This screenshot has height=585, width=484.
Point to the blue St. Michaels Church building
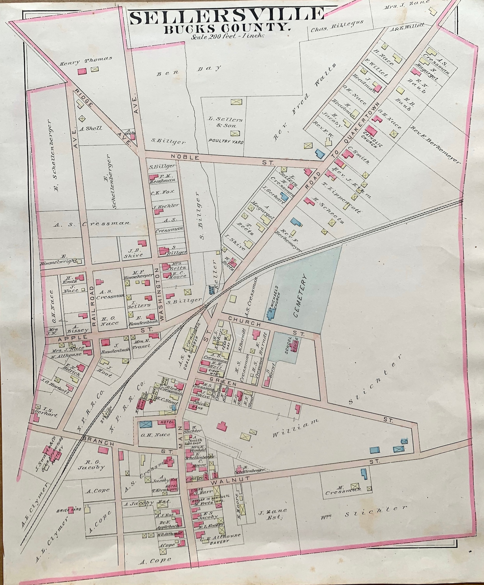(271, 314)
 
